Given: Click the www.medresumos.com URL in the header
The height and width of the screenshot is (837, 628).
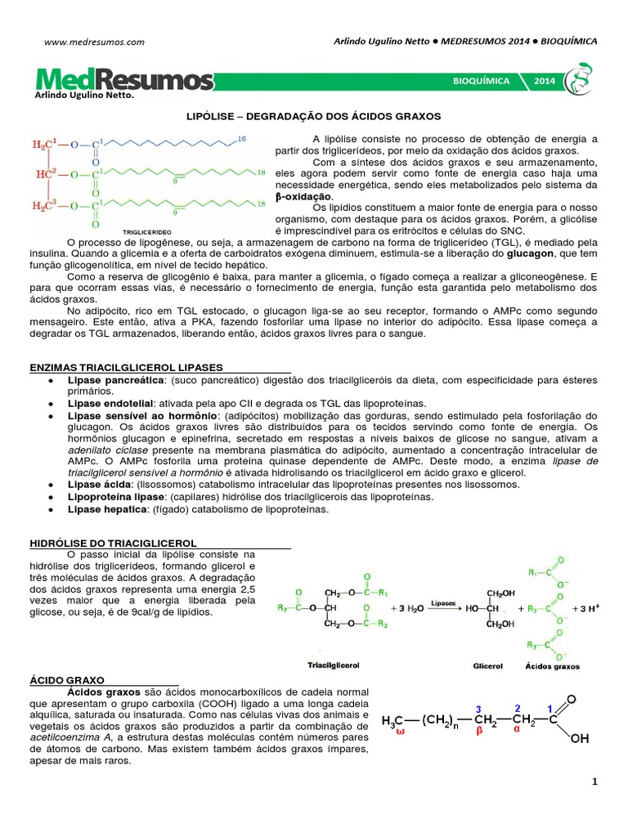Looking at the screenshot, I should pyautogui.click(x=94, y=41).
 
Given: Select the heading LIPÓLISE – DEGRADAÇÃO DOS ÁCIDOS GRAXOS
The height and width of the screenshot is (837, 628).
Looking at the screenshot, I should pyautogui.click(x=313, y=117).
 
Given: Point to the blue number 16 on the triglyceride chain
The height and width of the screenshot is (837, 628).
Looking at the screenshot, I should pyautogui.click(x=241, y=140).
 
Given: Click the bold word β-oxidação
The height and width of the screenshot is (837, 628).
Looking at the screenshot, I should pyautogui.click(x=304, y=197).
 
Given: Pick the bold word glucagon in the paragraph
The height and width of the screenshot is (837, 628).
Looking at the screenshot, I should pyautogui.click(x=531, y=253).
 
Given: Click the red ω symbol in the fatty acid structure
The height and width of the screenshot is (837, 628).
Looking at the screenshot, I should pyautogui.click(x=400, y=733).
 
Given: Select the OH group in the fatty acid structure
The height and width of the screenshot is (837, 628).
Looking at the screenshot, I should pyautogui.click(x=579, y=739).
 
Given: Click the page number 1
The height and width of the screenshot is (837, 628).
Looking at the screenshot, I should pyautogui.click(x=595, y=782).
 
